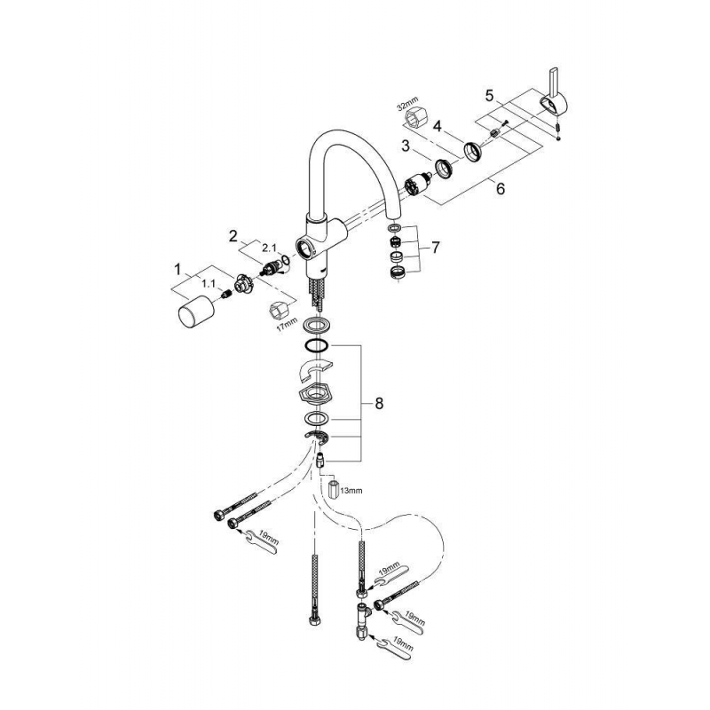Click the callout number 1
177,267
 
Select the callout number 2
233,236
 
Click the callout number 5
489,93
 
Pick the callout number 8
379,403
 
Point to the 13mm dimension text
351,489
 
